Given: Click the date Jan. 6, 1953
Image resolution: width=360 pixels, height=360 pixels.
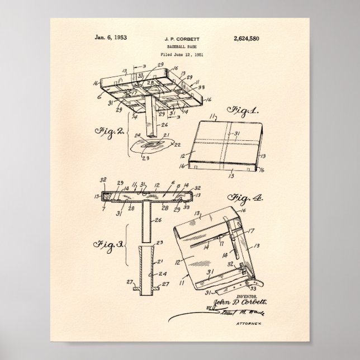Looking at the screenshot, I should pos(111,38).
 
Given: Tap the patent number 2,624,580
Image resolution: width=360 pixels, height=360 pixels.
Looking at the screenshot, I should pos(244,38).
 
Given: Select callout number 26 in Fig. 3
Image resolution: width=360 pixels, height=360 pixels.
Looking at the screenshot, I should pos(158,220).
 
